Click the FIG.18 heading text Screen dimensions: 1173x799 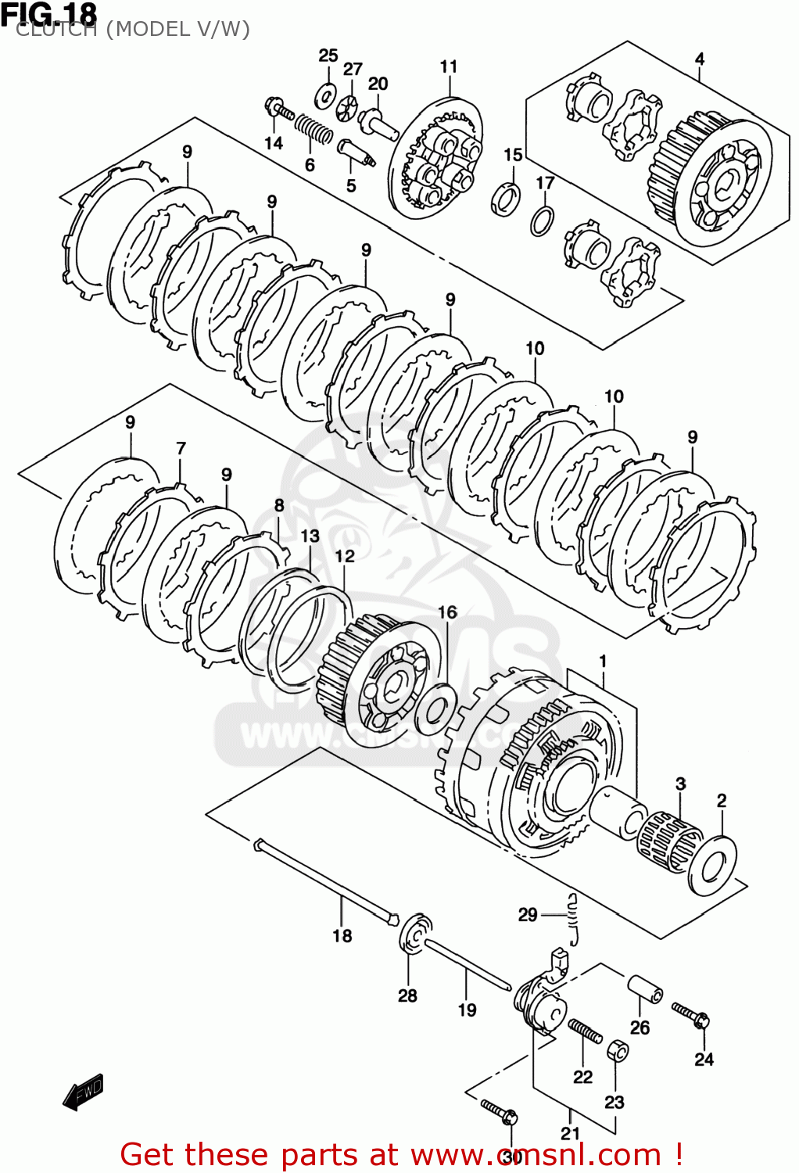(49, 14)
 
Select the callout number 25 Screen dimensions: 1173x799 (328, 56)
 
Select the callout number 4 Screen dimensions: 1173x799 (700, 59)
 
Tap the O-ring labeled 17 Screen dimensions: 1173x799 (542, 221)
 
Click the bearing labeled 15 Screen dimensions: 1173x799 (506, 197)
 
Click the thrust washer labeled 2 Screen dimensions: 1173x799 (712, 866)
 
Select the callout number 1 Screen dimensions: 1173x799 (603, 662)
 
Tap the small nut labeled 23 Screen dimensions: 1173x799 (617, 1050)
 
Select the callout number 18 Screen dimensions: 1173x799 (342, 935)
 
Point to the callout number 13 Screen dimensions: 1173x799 (310, 536)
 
